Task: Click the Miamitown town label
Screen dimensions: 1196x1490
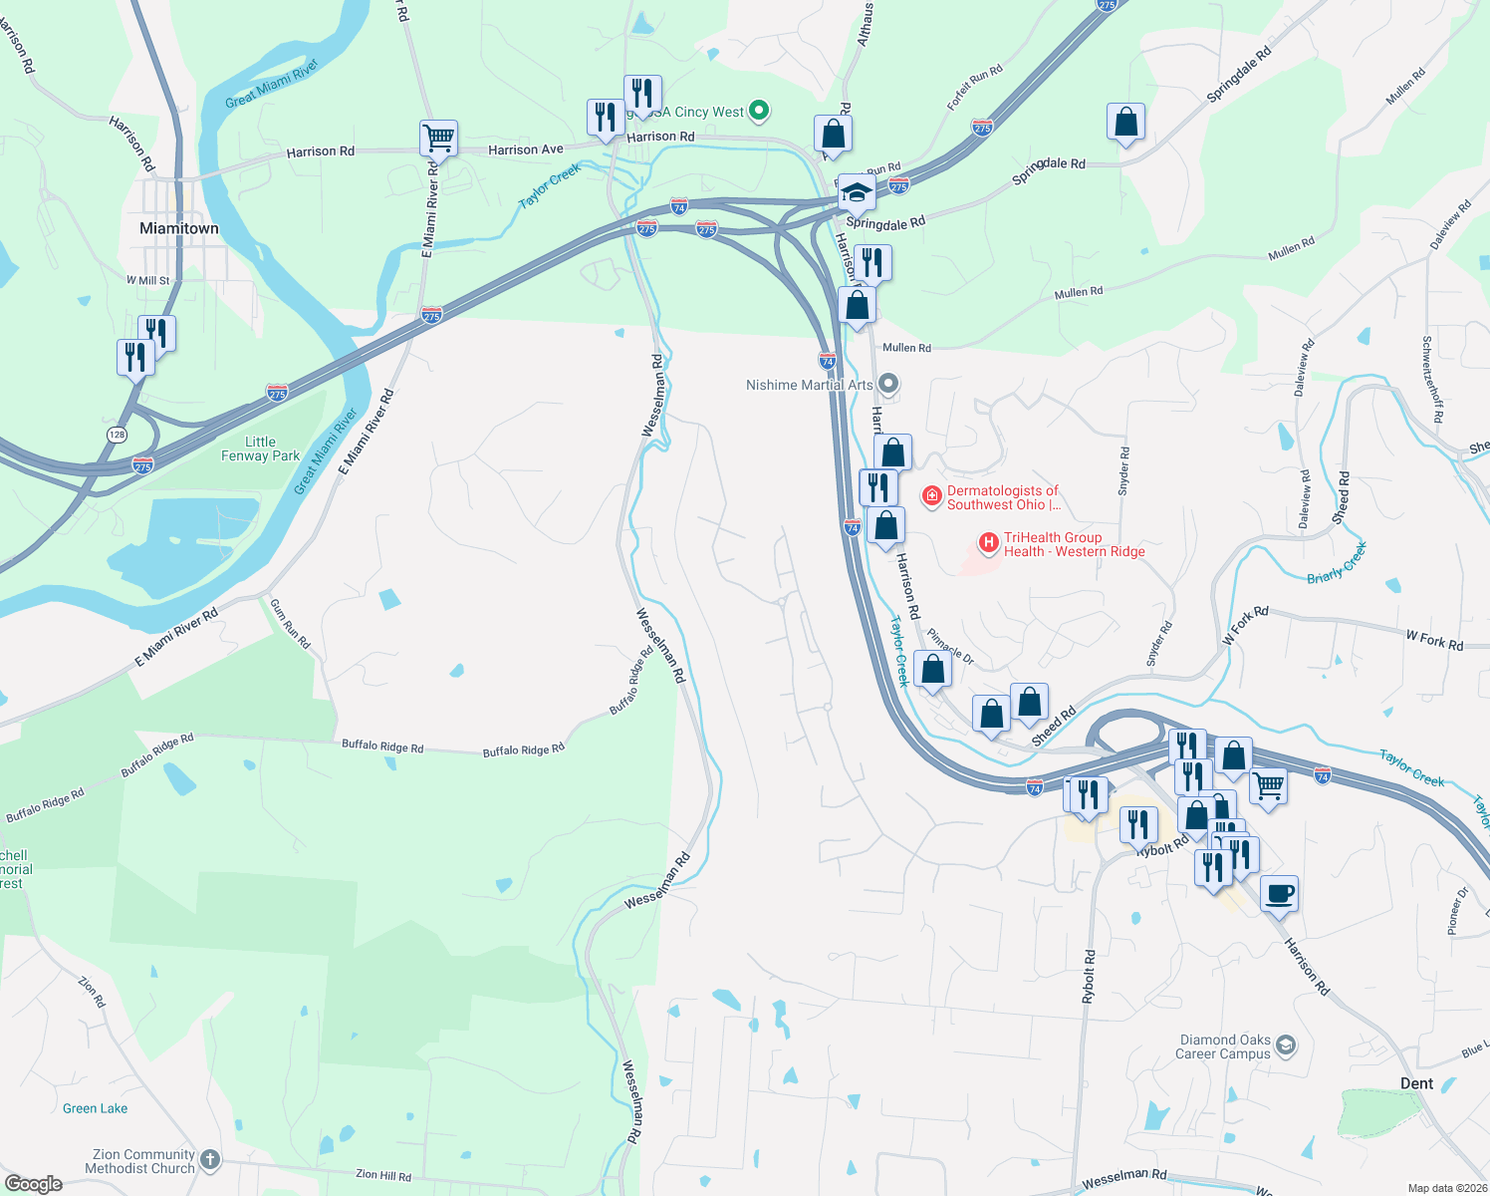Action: click(x=179, y=228)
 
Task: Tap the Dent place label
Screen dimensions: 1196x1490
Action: click(x=1416, y=1083)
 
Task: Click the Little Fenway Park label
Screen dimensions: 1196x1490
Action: click(x=260, y=448)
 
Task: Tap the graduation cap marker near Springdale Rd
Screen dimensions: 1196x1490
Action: click(x=856, y=191)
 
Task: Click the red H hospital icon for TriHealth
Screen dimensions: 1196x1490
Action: click(x=989, y=543)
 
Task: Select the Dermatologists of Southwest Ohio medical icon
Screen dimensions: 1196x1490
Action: click(x=931, y=495)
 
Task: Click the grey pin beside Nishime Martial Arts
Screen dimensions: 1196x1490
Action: click(x=889, y=383)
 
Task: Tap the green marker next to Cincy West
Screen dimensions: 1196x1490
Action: click(x=759, y=111)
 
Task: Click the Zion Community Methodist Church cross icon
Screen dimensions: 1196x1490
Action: click(x=209, y=1159)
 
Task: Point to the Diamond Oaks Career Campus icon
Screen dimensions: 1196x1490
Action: click(x=1286, y=1045)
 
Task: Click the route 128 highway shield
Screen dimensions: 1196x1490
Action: click(x=117, y=435)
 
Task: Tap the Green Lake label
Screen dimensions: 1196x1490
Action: click(x=95, y=1108)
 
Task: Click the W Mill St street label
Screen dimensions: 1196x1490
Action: click(x=148, y=281)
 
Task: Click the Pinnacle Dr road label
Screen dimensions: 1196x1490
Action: click(x=950, y=647)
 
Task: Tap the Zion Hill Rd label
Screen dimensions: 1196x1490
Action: click(x=383, y=1175)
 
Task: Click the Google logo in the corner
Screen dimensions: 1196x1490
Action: click(x=34, y=1183)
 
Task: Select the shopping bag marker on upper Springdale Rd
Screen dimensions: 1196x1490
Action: click(x=1125, y=123)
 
